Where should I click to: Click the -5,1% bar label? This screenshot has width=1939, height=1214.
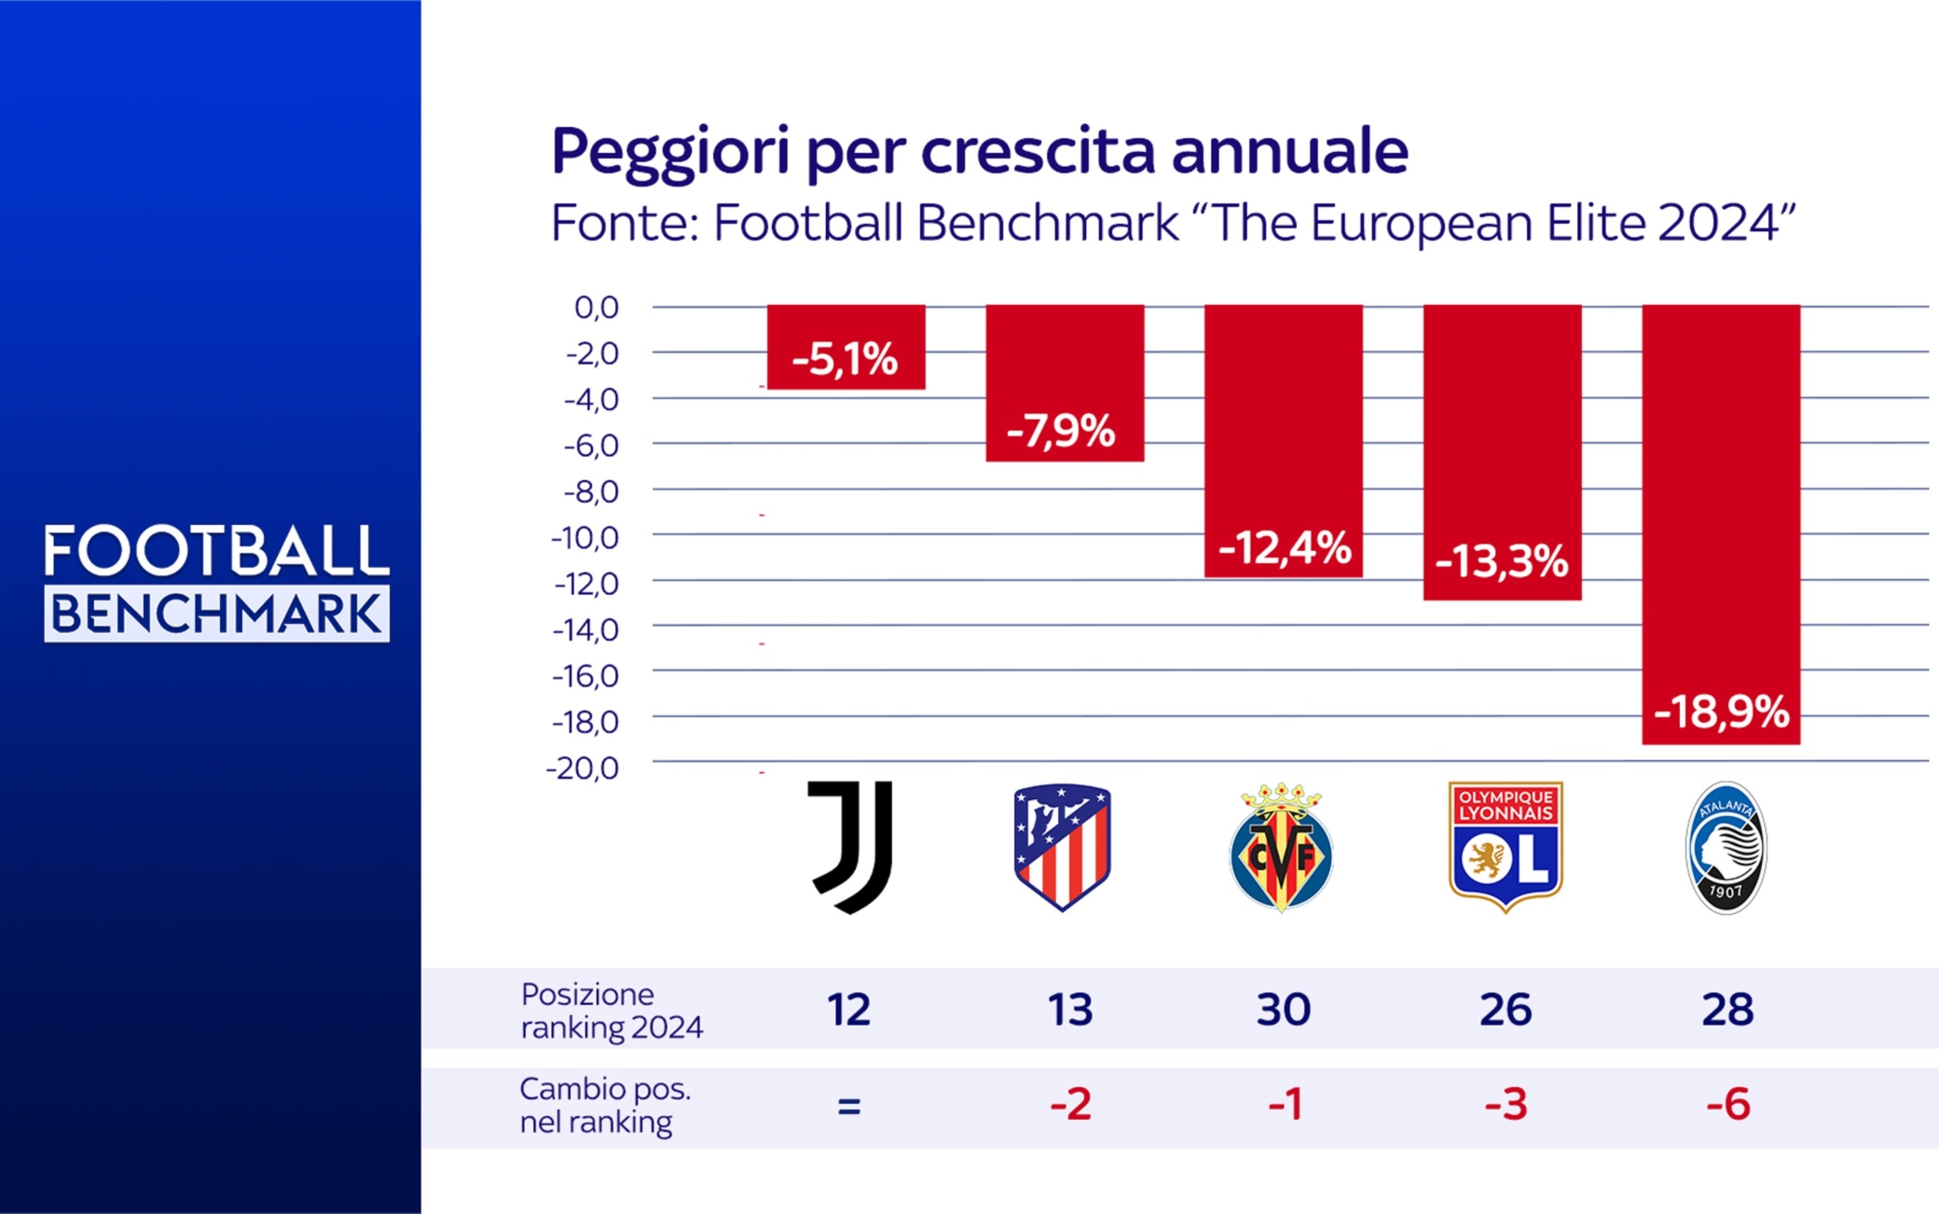(x=845, y=359)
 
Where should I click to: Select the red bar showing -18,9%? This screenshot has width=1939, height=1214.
(x=1721, y=522)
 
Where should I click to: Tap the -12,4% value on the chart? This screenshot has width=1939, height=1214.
(x=1284, y=548)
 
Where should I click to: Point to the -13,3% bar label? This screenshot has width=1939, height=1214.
(x=1502, y=561)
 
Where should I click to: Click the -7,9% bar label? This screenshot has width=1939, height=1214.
(x=1061, y=431)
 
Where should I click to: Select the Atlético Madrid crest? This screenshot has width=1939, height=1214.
(x=1062, y=847)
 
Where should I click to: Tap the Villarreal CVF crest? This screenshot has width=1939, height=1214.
(x=1282, y=847)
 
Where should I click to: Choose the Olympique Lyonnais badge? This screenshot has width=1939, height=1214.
(x=1505, y=847)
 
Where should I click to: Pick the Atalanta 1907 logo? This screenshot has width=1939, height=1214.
(x=1726, y=847)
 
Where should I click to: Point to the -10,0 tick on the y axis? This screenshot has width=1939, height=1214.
(x=584, y=538)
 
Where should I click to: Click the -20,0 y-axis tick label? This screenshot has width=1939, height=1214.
(x=583, y=768)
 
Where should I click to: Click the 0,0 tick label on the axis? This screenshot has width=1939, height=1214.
(x=597, y=307)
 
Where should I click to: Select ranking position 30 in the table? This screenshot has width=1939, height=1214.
(x=1283, y=1010)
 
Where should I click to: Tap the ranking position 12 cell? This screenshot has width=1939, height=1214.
(x=848, y=1010)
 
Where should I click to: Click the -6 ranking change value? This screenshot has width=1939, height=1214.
(x=1727, y=1105)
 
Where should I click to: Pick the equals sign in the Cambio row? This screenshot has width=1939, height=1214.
(x=848, y=1107)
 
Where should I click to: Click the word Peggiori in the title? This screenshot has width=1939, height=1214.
(x=669, y=151)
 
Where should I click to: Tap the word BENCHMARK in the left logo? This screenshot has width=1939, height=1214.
(x=216, y=614)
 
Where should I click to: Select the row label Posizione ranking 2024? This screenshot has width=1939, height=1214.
(x=611, y=1011)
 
